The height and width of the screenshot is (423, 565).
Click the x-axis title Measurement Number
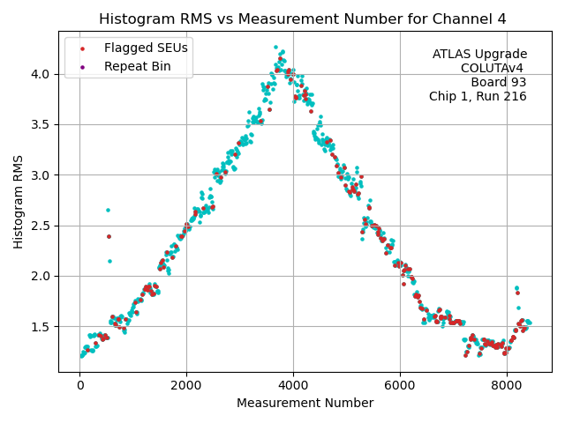coord(305,404)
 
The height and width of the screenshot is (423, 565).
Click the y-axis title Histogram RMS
coord(19,201)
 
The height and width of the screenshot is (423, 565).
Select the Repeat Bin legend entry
coord(138,66)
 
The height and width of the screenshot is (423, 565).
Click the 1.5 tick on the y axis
coord(42,327)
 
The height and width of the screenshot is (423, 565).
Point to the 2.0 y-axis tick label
coord(42,277)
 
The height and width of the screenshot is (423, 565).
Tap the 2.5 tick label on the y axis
coord(42,226)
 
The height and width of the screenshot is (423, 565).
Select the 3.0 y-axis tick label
coord(42,175)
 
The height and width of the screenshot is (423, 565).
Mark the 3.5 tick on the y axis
coord(42,124)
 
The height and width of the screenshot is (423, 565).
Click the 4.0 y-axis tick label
coord(42,74)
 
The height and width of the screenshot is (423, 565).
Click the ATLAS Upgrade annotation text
coord(479,55)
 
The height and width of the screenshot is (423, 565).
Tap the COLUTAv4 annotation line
coord(493,68)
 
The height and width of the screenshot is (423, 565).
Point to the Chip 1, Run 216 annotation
coord(478,96)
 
